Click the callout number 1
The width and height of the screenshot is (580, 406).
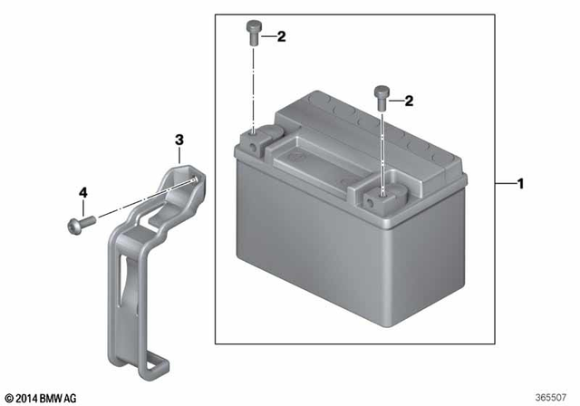click(x=520, y=185)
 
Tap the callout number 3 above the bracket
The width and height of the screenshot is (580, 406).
click(x=179, y=140)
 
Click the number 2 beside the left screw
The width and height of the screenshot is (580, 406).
click(x=281, y=37)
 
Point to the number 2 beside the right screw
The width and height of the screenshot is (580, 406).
click(x=409, y=101)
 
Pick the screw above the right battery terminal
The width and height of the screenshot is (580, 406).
click(x=382, y=93)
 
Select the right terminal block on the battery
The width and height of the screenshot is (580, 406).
click(x=383, y=192)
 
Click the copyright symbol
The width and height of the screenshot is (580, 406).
click(x=8, y=398)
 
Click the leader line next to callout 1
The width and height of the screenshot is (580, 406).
click(x=505, y=185)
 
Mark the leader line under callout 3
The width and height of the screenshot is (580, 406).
click(x=179, y=156)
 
